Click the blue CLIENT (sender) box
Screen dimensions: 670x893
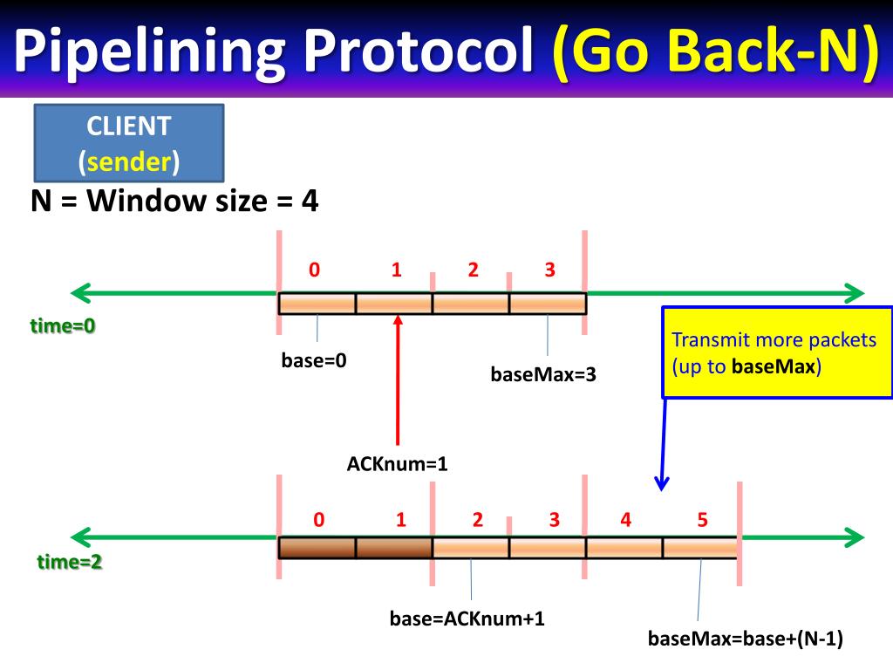(x=129, y=143)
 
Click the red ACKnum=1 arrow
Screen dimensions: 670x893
(x=398, y=384)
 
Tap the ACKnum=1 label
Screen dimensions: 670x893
(x=398, y=464)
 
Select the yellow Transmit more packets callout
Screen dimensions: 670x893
(x=777, y=352)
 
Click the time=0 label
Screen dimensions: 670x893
(x=63, y=326)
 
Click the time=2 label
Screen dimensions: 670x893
(x=69, y=562)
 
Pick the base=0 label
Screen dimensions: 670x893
(x=314, y=360)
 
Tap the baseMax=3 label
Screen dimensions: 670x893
(x=543, y=375)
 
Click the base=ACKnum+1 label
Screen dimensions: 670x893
(x=467, y=619)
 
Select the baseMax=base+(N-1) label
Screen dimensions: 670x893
(x=746, y=639)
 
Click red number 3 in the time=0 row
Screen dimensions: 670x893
(x=549, y=270)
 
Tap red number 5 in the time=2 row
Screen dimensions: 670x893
(x=702, y=521)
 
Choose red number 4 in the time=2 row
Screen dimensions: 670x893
(x=625, y=521)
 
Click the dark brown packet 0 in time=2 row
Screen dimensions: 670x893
(x=317, y=548)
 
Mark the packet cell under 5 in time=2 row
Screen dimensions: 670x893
(x=699, y=548)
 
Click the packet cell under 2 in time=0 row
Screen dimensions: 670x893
(x=471, y=304)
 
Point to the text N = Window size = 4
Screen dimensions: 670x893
(x=175, y=202)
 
